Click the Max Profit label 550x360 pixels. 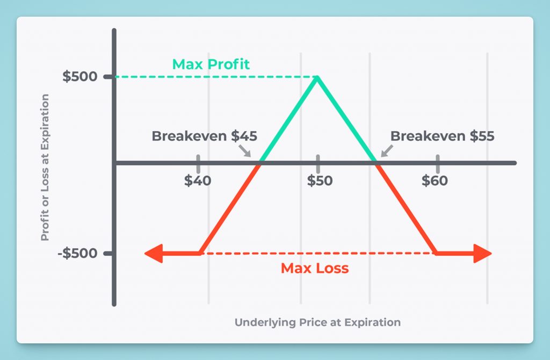coord(211,64)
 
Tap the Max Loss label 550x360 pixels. coord(315,269)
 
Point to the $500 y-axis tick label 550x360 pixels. coord(79,76)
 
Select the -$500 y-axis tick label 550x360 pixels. coord(77,253)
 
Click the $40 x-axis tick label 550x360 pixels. coord(198,181)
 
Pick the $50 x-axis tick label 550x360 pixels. coord(320,181)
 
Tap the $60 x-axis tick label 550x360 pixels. coord(435,181)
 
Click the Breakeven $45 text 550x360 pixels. coord(205,136)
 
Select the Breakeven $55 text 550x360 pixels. coord(443,136)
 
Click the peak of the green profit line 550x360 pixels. coord(317,77)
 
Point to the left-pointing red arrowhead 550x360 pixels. coord(154,253)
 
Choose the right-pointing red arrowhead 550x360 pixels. coord(482,253)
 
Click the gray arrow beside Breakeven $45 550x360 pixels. coord(245,151)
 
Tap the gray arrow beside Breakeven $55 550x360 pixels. coord(387,151)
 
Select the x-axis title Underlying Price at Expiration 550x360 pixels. coord(317,322)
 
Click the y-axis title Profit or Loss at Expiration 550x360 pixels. coord(45,167)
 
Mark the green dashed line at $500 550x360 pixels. coord(216,77)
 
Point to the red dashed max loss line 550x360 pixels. coord(318,253)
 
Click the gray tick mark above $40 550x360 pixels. coord(198,163)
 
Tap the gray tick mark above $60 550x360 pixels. coord(437,163)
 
